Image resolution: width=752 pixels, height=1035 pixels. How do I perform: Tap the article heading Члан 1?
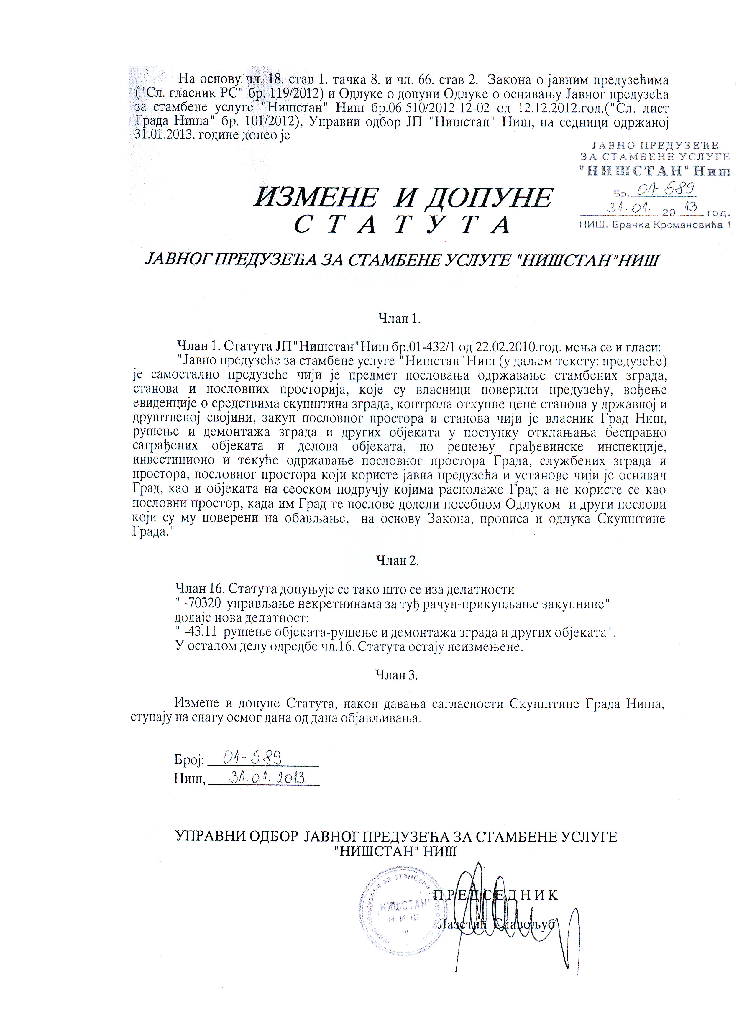coord(399,318)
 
